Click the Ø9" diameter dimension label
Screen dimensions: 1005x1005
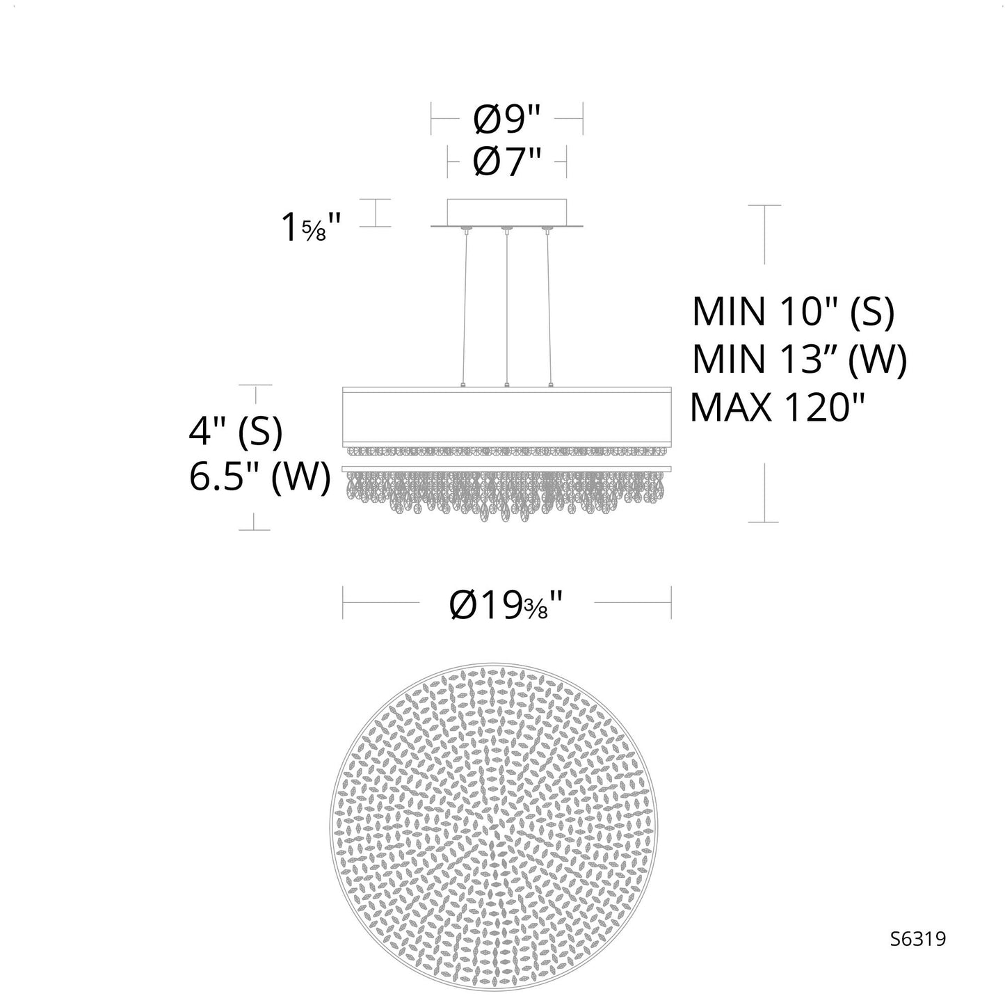point(506,121)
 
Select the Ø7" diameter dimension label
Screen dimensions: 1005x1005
point(506,164)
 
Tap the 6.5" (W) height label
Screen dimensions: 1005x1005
point(259,478)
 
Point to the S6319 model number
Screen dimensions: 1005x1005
point(917,939)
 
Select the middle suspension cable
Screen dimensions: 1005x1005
point(507,306)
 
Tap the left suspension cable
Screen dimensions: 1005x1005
point(463,306)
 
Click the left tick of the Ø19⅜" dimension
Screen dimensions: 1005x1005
point(343,602)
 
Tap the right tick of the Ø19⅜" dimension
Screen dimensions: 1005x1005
point(670,602)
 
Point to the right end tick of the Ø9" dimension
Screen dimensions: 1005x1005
point(582,119)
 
